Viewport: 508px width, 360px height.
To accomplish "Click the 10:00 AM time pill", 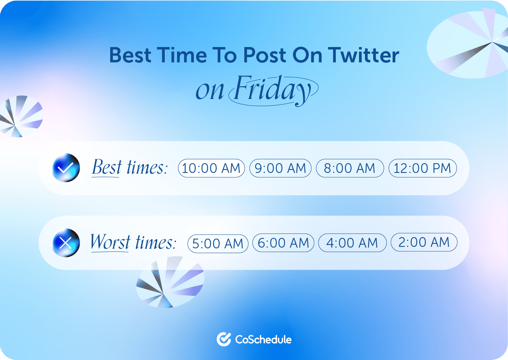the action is pos(211,168).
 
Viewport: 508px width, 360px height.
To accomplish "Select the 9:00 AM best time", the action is pos(280,168).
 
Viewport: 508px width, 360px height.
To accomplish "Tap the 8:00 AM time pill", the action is pos(350,168).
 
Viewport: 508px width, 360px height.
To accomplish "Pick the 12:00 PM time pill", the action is pos(422,168).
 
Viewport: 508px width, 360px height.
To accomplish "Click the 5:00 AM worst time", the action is pos(218,243).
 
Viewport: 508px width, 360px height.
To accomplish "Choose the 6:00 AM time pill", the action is pos(283,243).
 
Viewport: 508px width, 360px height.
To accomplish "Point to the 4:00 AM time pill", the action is pos(352,243).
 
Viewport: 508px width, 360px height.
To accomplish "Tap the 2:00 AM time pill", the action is pos(424,242).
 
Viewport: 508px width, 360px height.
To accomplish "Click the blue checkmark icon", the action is pos(66,168).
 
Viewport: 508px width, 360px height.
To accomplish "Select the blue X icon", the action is pos(66,243).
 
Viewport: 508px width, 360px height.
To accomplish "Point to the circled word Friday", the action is pos(273,91).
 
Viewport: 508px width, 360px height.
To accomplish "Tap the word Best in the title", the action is pos(130,55).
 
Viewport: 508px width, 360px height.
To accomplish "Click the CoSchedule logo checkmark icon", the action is pos(224,339).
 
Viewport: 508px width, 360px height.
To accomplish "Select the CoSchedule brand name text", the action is pos(263,339).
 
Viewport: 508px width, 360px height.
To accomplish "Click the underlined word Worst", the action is pos(110,242).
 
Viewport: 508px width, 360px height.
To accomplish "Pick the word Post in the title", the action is pos(264,55).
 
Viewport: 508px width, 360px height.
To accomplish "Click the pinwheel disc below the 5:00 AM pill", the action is pos(170,282).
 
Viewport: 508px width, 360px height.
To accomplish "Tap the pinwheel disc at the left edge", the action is pos(21,116).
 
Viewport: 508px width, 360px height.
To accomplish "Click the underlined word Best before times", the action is pos(106,167).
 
